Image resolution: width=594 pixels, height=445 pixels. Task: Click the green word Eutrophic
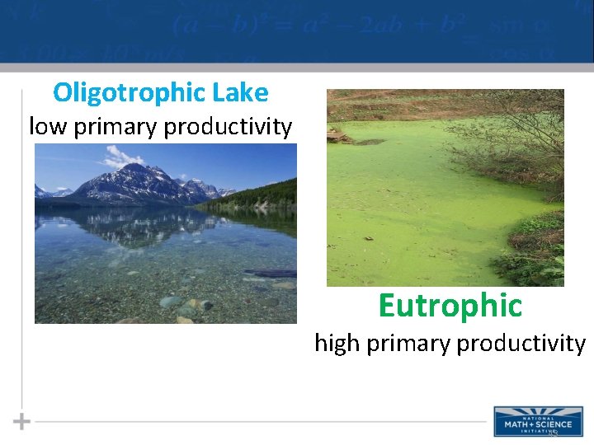pyautogui.click(x=450, y=306)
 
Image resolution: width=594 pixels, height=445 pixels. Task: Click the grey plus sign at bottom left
pyautogui.click(x=22, y=422)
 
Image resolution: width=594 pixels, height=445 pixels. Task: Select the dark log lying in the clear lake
pyautogui.click(x=271, y=273)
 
